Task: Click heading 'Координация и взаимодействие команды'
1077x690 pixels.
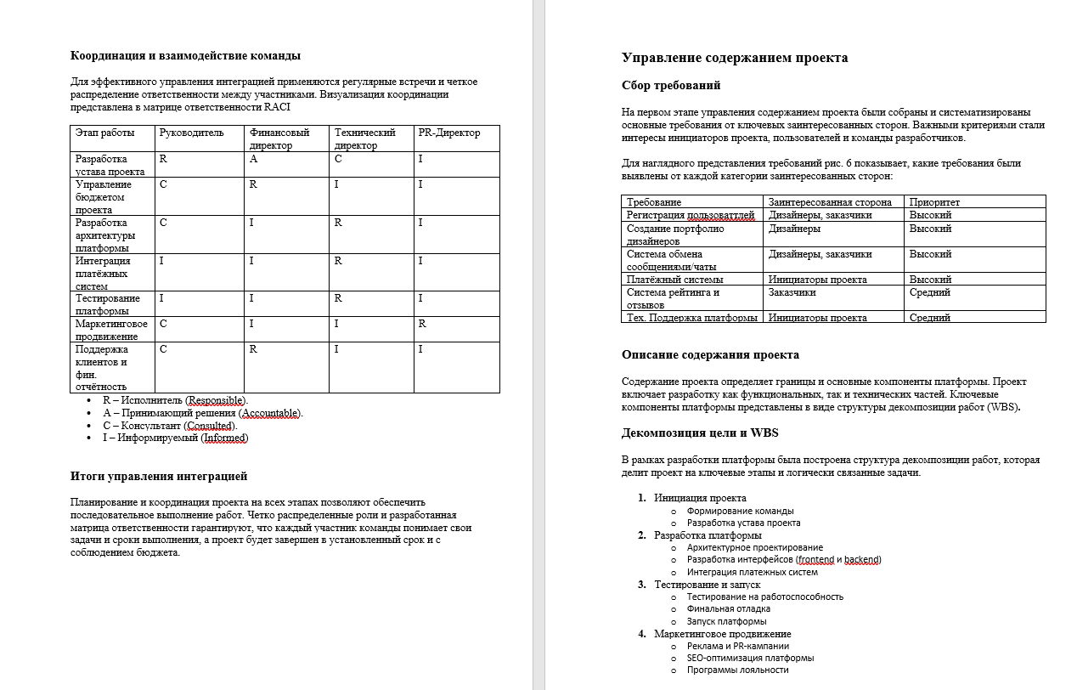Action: coord(185,56)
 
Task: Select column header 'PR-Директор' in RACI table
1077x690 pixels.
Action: coord(449,133)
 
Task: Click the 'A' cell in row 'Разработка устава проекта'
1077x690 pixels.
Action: coord(253,159)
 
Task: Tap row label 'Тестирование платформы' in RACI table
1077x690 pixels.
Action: coord(108,304)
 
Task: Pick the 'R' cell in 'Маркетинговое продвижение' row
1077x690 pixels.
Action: coord(422,324)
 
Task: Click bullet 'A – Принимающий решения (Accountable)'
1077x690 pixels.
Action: coord(202,413)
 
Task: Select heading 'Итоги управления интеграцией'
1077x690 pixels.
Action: coord(159,476)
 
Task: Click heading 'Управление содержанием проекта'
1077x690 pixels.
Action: coord(735,58)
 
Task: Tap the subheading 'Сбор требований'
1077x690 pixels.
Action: coord(671,85)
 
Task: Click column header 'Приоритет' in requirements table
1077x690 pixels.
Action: coord(934,202)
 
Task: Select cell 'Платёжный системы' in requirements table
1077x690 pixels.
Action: coord(675,279)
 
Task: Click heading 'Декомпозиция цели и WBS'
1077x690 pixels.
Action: coord(699,433)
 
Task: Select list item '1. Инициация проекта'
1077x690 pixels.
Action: coord(700,498)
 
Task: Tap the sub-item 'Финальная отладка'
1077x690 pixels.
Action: coord(729,608)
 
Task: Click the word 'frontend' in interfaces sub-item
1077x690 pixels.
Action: coord(816,559)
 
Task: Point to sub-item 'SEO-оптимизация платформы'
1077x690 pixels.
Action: coord(750,658)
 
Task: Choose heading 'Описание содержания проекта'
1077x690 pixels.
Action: coord(710,355)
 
